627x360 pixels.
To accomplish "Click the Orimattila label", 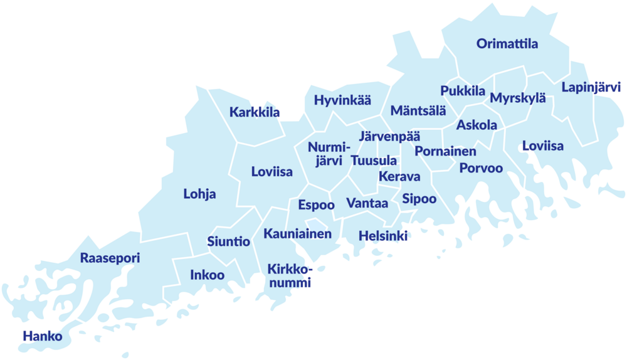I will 507,44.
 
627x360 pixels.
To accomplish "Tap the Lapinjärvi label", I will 591,87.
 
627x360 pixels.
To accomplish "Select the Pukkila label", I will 463,91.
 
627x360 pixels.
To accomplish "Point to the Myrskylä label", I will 518,98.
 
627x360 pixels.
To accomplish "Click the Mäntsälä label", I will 418,111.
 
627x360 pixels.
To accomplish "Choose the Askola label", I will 477,125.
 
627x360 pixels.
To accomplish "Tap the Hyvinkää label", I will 342,100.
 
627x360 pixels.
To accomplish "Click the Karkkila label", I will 255,113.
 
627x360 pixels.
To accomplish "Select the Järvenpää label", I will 390,135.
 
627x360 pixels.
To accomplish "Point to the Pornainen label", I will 445,151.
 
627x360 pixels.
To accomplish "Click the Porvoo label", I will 481,168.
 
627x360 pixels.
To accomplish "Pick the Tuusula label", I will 374,161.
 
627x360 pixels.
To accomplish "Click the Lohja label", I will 199,194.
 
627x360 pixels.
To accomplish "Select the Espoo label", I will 316,205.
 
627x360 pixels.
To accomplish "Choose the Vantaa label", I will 367,203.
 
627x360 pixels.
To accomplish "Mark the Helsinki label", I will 383,236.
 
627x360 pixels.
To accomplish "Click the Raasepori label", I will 110,258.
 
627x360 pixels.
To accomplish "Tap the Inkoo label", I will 207,275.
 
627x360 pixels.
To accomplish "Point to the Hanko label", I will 42,336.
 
